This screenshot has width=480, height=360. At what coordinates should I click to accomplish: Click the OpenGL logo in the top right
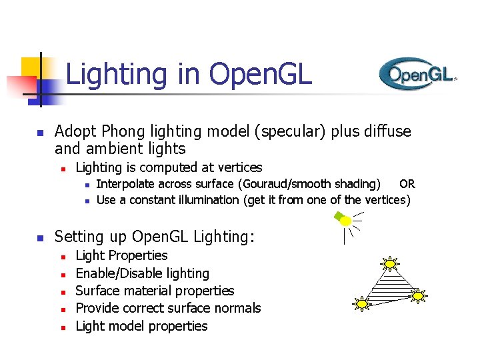tap(417, 73)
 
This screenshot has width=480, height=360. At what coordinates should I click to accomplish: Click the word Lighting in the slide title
tap(117, 74)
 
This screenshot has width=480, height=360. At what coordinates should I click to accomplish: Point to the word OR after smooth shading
tap(407, 184)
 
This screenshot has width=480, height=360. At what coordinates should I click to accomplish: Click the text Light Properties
tap(121, 255)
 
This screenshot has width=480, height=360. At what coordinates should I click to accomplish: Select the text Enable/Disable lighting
tap(142, 273)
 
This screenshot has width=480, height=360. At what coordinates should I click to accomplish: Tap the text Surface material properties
tap(155, 291)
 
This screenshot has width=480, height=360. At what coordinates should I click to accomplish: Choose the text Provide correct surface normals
tap(168, 308)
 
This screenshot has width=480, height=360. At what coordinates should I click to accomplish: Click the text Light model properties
tap(141, 326)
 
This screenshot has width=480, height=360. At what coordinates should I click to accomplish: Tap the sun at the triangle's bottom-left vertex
tap(362, 304)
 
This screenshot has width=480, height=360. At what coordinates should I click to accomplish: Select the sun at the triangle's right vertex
tap(417, 294)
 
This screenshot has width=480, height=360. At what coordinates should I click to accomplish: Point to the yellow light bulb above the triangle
tap(344, 220)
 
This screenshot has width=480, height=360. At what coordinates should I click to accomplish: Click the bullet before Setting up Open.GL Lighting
tap(39, 237)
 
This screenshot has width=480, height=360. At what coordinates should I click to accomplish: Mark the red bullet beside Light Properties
tap(61, 257)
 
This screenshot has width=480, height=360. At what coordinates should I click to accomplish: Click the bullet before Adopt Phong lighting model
tap(39, 132)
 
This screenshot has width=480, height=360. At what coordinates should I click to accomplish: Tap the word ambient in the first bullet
tap(119, 148)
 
